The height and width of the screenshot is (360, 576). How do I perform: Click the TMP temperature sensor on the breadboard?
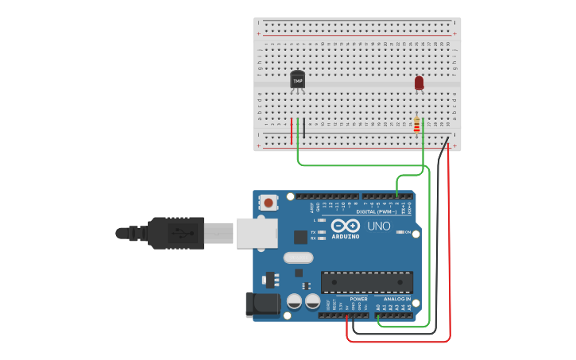click(298, 79)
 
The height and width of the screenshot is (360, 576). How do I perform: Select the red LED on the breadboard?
click(419, 83)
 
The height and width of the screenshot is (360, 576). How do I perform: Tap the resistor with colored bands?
click(416, 126)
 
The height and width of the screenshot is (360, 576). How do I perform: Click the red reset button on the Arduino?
click(269, 203)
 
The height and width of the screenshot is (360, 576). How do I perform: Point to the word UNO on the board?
click(379, 226)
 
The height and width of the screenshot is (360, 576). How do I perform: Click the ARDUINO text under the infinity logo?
click(346, 236)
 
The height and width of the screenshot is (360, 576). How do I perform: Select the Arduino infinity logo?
click(346, 226)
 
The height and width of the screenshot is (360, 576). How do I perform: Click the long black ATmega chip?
click(367, 282)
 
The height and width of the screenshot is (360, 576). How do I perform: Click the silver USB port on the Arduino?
click(257, 234)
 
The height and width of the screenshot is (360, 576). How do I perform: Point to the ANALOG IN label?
click(397, 300)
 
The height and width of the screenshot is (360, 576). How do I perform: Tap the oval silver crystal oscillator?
click(298, 257)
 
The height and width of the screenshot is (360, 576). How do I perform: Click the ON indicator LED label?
click(408, 232)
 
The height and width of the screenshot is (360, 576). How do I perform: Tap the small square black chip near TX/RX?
click(300, 236)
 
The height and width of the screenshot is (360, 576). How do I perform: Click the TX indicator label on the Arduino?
click(313, 232)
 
